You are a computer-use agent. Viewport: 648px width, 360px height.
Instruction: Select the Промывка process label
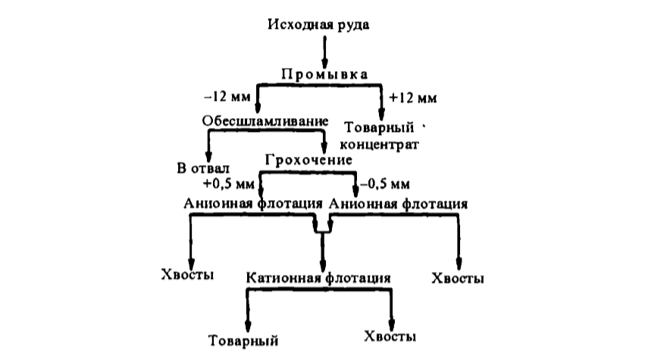coord(324,74)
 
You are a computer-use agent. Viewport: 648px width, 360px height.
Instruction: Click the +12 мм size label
coord(412,98)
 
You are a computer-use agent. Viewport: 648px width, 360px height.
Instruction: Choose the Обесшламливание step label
coord(265,121)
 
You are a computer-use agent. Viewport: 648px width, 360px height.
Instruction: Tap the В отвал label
coord(202,167)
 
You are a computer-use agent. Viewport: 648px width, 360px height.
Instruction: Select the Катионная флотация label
coord(318,277)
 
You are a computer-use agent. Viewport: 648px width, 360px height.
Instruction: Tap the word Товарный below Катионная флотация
coord(244,339)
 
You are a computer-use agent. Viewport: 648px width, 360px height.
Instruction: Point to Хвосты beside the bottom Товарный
coord(390,335)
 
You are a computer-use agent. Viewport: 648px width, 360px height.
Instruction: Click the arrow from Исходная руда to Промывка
coord(324,51)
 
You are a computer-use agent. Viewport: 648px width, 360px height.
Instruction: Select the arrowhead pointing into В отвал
coord(209,152)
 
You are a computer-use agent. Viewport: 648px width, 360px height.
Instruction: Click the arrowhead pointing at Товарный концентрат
coord(380,114)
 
